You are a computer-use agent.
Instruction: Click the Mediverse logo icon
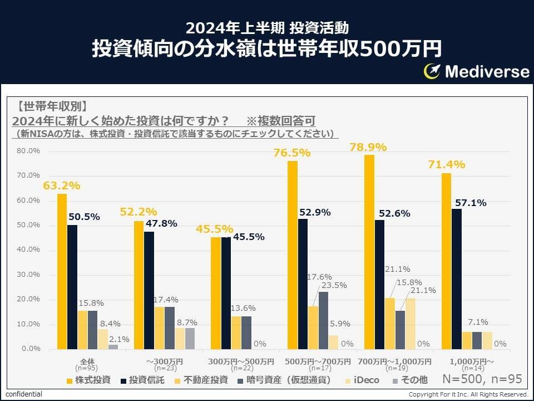click(x=432, y=71)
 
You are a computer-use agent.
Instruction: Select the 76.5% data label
click(x=292, y=153)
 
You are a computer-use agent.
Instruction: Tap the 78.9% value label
click(x=368, y=148)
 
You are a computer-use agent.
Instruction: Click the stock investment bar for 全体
click(x=62, y=271)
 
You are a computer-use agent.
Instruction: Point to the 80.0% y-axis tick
click(x=28, y=151)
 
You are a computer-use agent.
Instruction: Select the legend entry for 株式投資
click(x=88, y=380)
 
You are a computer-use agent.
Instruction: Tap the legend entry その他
click(x=412, y=380)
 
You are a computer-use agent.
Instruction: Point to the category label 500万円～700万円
click(x=318, y=361)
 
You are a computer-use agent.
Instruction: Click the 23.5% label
click(x=333, y=285)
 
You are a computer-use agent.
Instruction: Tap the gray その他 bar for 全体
click(x=113, y=346)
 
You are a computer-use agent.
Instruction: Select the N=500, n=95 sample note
click(x=482, y=379)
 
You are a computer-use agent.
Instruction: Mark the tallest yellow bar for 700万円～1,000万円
click(x=369, y=252)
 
